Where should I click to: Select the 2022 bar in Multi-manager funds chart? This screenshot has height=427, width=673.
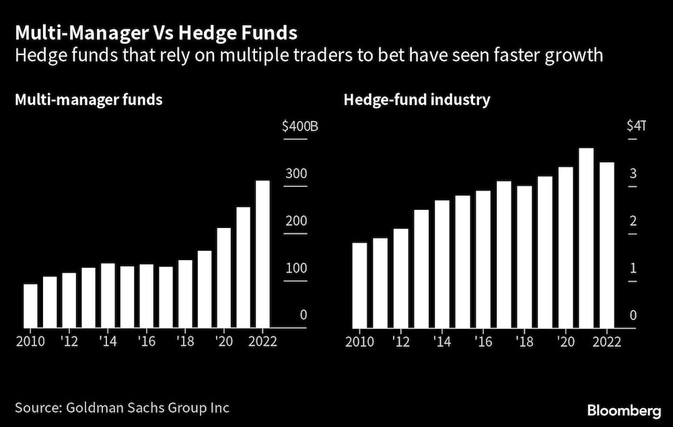[262, 254]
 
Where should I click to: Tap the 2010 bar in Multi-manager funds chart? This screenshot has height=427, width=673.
[30, 306]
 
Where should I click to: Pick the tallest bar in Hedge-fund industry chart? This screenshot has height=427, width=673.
[586, 238]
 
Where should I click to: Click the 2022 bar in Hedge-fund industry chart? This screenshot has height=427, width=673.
[606, 245]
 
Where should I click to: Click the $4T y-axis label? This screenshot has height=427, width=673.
[635, 126]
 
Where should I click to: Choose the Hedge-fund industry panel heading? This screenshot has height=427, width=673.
[417, 100]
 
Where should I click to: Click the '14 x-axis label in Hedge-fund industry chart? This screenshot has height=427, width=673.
[442, 340]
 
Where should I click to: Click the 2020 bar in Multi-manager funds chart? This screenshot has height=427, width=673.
[223, 278]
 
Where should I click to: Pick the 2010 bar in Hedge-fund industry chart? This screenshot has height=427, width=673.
[360, 285]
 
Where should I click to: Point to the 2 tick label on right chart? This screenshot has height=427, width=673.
[632, 221]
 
